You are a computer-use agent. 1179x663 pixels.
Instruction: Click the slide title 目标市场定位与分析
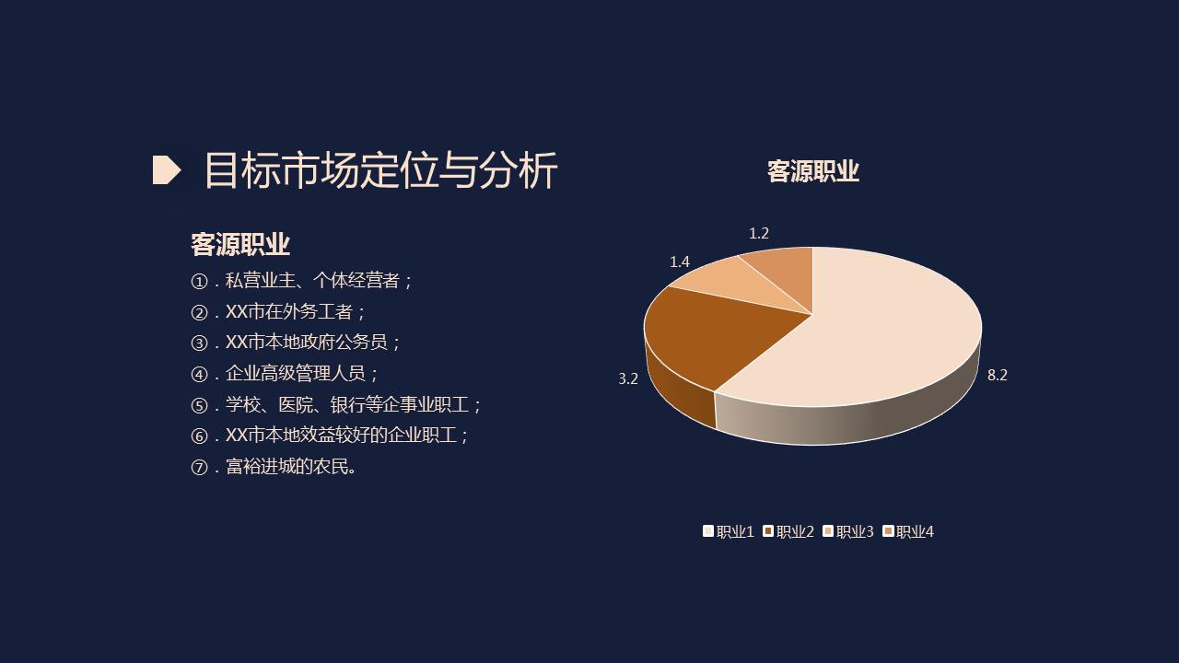pos(379,170)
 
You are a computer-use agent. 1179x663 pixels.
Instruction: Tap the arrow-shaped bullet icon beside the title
pos(166,170)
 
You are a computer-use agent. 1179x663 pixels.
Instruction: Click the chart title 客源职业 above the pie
pos(812,171)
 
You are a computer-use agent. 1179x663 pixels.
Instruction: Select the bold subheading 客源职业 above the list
pos(239,244)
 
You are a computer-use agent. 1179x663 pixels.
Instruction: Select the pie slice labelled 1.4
pos(737,281)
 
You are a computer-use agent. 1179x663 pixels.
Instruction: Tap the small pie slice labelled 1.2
pos(783,265)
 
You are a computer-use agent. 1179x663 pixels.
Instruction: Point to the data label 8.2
pos(998,375)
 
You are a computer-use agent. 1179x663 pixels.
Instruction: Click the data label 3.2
pos(628,378)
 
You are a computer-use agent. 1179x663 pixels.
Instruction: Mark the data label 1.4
pos(680,262)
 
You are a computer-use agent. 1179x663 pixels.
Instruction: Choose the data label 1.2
pos(759,234)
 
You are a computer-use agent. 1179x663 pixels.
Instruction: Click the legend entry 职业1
pos(729,531)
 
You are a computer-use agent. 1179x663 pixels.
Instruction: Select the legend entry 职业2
pos(788,531)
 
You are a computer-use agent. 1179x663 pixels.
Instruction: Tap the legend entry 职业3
pos(848,531)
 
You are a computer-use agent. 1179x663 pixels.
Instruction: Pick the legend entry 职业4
pos(908,531)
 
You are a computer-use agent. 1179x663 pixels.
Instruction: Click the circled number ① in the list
pos(199,281)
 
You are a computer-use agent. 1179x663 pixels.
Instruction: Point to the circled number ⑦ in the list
pos(199,467)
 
